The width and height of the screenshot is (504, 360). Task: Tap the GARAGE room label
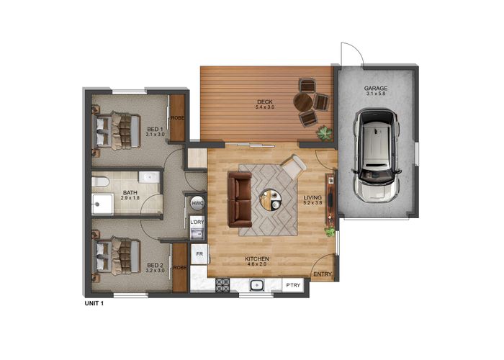point(375,89)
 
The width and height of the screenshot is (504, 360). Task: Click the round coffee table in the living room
point(271,199)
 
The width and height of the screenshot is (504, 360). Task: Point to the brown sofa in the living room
point(239,198)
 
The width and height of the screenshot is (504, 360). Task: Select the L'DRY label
point(197,222)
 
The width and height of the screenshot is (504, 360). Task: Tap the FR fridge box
point(199,254)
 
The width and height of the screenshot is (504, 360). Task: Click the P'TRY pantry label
point(294,286)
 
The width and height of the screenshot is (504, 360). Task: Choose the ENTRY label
point(323,274)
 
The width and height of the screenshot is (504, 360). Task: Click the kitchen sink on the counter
point(256,286)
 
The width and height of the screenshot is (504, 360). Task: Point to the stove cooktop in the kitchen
point(222,286)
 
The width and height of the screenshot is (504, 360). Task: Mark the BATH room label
point(130,193)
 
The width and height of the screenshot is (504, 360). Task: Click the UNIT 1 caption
point(95,303)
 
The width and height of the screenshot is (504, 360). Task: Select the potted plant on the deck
point(325,132)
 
